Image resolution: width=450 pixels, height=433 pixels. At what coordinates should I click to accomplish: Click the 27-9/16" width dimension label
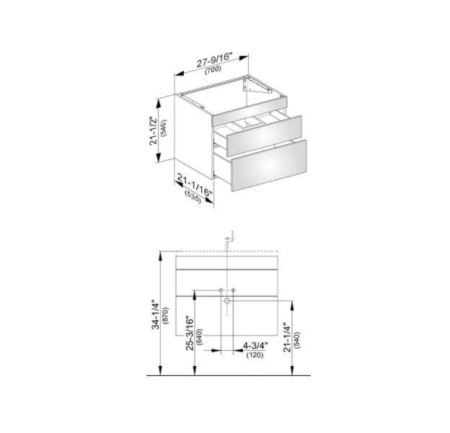coord(213,60)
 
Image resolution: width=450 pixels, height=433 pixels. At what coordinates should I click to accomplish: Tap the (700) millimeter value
coord(213,70)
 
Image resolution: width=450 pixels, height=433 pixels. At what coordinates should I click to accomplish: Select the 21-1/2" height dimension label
coord(154,130)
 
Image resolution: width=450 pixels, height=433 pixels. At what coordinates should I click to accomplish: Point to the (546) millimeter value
coord(164,128)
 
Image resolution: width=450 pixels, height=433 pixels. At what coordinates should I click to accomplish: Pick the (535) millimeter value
coord(193,197)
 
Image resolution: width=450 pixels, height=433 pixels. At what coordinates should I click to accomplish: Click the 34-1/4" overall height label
coord(156,315)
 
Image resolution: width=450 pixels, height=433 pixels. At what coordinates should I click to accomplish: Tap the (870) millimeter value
coord(166,316)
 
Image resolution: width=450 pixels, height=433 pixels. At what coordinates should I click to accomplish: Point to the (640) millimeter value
coord(200,336)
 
